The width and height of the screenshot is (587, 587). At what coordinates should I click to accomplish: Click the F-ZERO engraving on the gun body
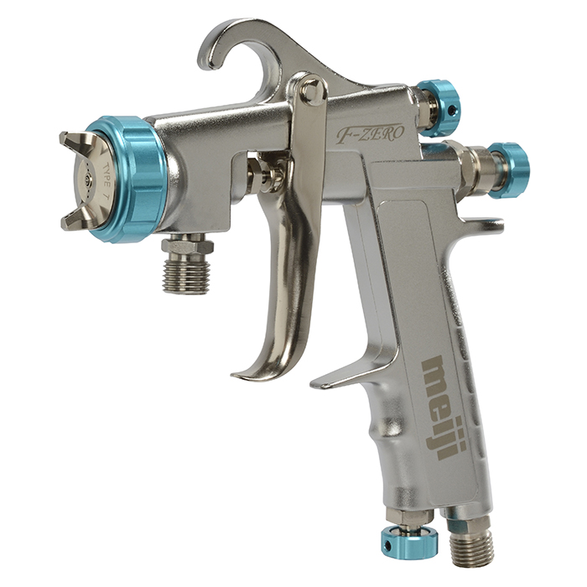point(370,133)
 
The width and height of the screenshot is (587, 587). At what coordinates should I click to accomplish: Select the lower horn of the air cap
point(75,220)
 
